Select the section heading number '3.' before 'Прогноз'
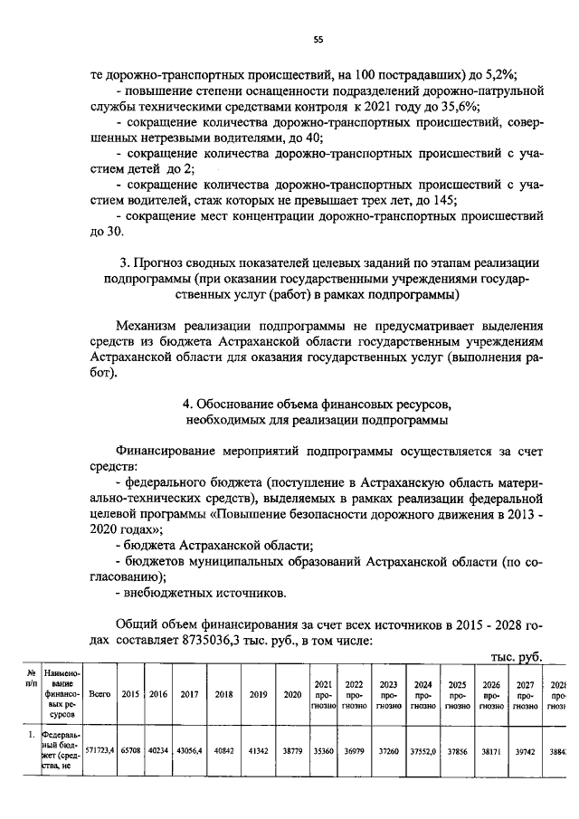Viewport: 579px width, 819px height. [126, 262]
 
